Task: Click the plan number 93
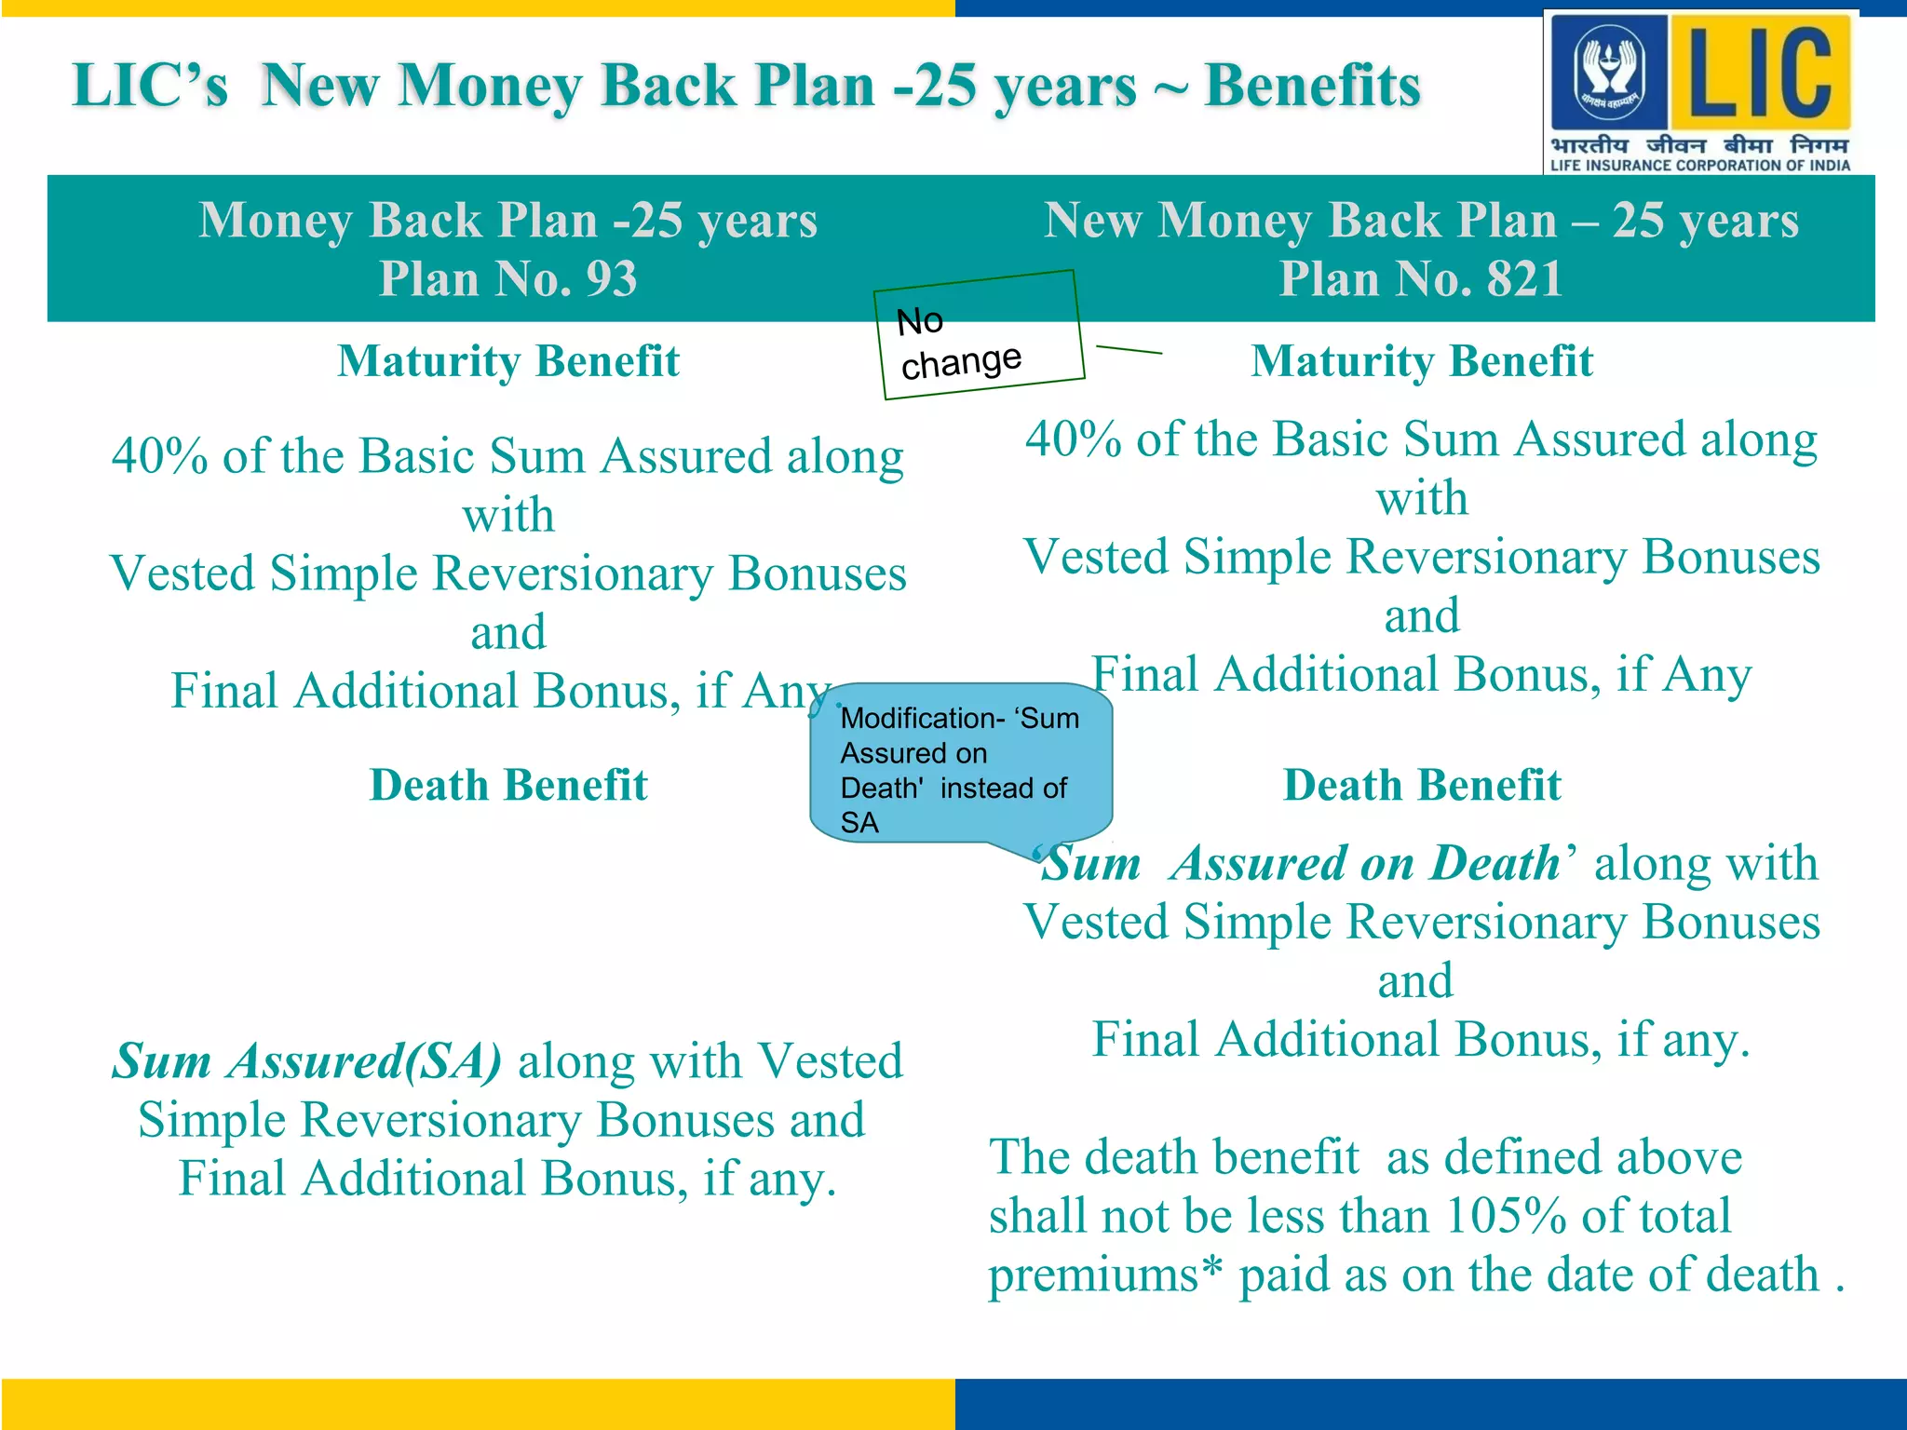611,278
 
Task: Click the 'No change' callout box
979,336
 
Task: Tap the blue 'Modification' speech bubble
960,767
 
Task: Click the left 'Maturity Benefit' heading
508,361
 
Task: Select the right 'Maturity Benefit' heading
1421,361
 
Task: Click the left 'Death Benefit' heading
508,785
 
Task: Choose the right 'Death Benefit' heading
1421,785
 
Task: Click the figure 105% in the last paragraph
1505,1216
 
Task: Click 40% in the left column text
159,457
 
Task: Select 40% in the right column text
1073,439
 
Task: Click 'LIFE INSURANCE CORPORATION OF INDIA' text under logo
1699,166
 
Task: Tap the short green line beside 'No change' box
1129,350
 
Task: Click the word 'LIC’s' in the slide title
150,86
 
